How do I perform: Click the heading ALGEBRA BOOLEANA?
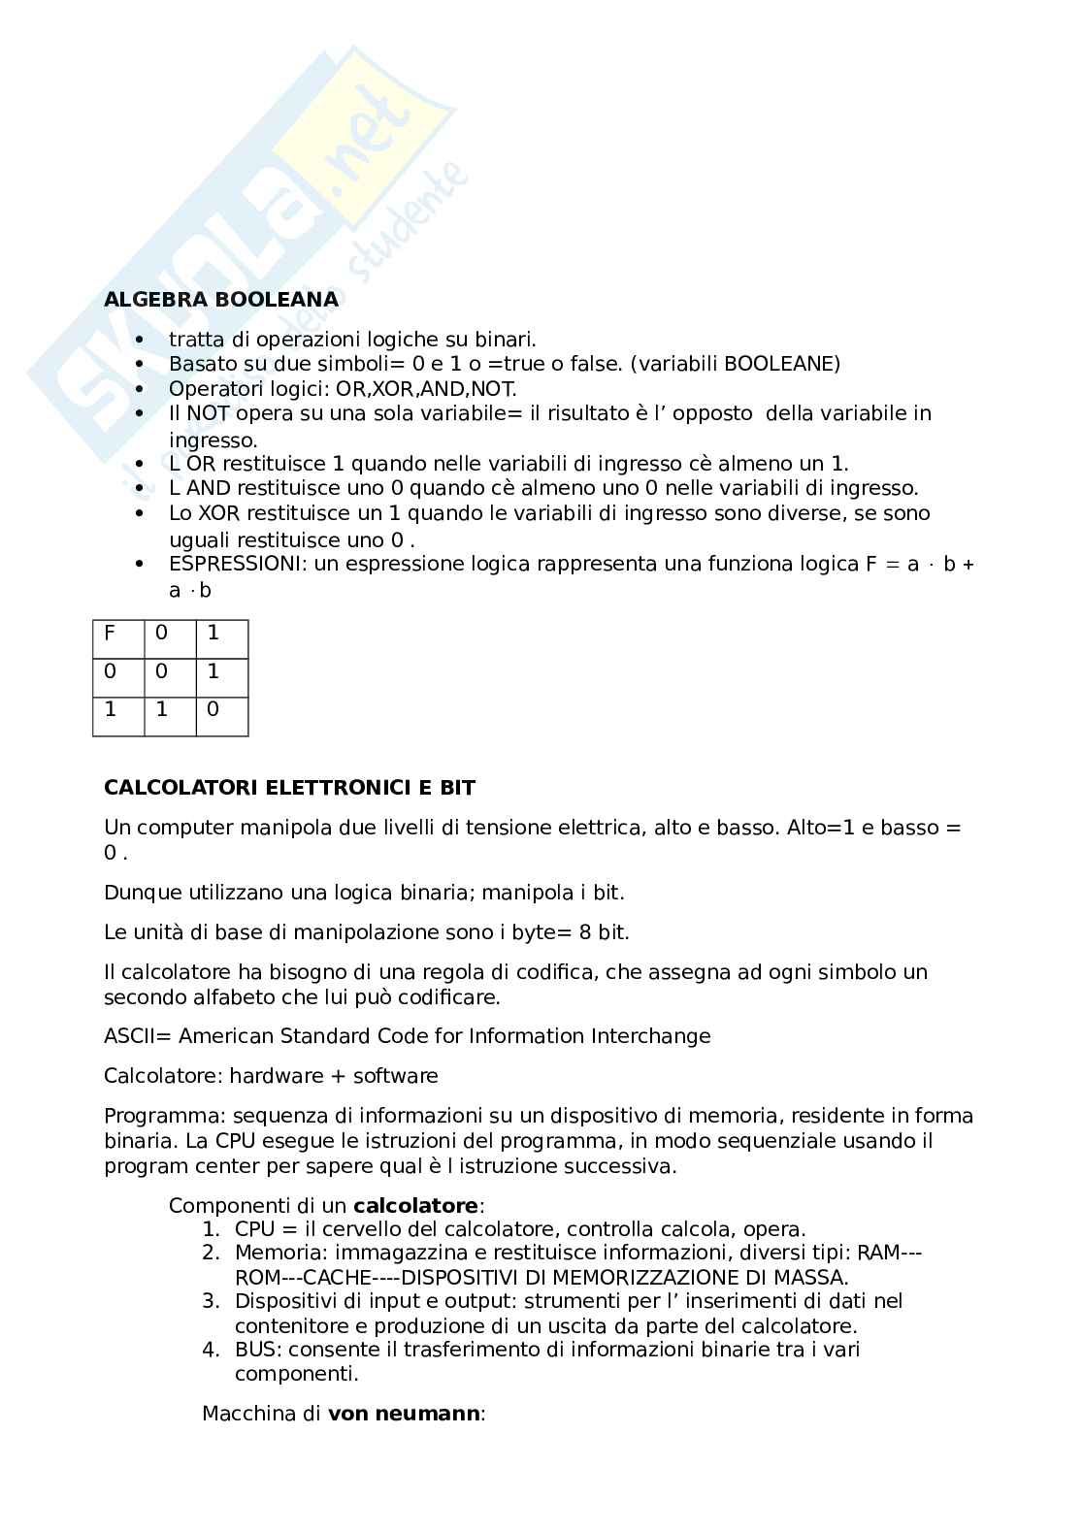click(x=221, y=300)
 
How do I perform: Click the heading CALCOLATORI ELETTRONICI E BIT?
click(x=289, y=788)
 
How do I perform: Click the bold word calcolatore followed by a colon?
click(x=415, y=1206)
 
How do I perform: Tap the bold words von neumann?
click(x=404, y=1414)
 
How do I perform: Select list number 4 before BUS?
click(x=211, y=1350)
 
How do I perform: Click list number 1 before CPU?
click(x=211, y=1230)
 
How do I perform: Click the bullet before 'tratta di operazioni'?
click(x=141, y=340)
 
